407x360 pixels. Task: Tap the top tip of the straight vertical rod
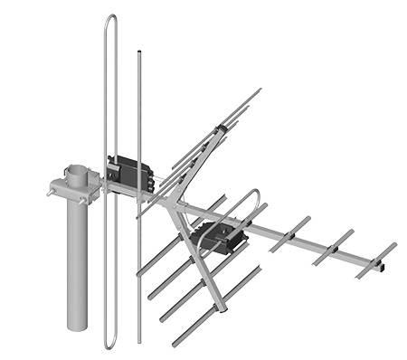pos(138,53)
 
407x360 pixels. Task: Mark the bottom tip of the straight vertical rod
pos(139,342)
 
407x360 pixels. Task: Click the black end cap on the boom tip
pos(383,267)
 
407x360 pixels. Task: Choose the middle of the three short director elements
pos(334,247)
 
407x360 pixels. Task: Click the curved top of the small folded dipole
pos(253,193)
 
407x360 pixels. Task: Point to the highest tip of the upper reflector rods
pos(260,90)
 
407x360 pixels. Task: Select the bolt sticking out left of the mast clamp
pos(47,190)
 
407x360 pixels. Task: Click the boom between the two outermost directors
pos(355,257)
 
